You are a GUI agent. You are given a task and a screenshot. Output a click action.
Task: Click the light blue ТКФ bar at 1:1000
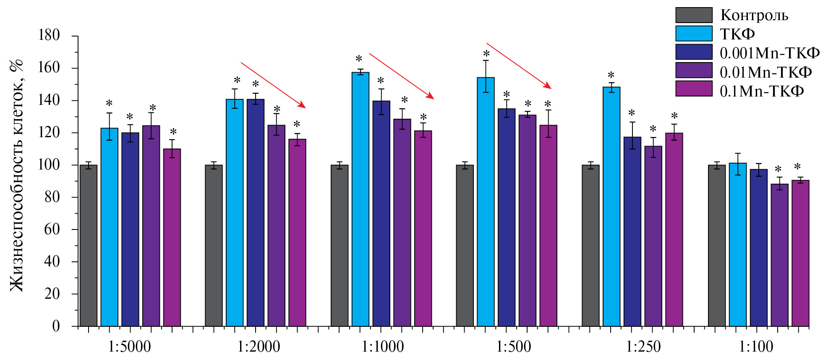[x=360, y=199]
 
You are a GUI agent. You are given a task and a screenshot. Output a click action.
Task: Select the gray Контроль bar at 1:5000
[x=88, y=245]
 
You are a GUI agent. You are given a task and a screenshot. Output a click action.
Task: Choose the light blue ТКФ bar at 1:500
[x=486, y=202]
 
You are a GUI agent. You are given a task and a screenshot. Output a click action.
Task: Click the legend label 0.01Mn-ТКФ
[x=765, y=73]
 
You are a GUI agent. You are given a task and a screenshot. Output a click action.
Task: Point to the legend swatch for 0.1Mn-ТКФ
[x=694, y=89]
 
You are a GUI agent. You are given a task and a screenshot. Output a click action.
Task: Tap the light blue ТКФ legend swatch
[x=694, y=34]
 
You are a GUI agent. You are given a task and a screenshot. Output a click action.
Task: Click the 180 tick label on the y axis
[x=49, y=36]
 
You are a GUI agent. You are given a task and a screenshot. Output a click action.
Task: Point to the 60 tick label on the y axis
[x=52, y=230]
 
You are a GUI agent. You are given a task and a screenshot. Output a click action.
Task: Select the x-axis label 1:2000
[x=259, y=347]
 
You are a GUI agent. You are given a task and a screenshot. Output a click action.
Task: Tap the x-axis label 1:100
[x=756, y=347]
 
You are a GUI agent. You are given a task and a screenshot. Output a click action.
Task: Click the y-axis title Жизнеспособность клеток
[x=17, y=176]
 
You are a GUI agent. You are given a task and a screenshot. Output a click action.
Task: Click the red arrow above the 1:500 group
[x=519, y=65]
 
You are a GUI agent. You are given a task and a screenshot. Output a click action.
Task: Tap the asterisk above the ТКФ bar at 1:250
[x=611, y=76]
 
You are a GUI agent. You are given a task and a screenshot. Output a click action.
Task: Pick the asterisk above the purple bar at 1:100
[x=778, y=170]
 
